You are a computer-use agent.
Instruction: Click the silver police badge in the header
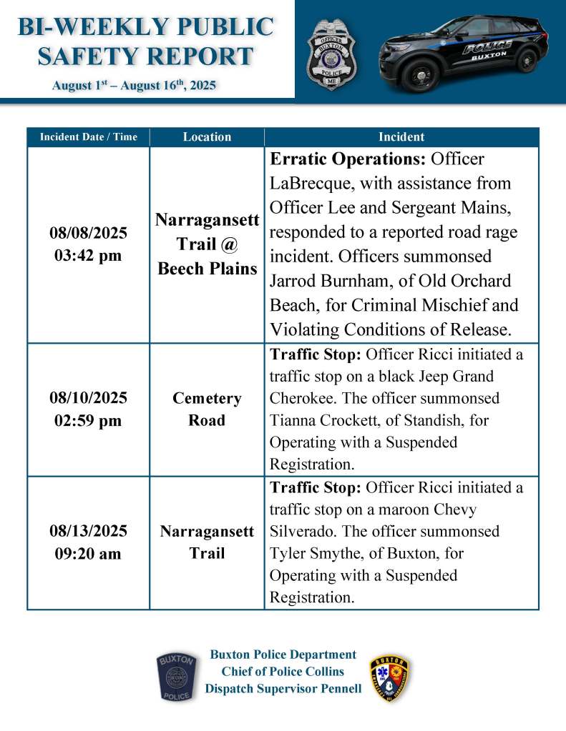(x=331, y=54)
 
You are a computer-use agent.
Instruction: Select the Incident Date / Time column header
(x=88, y=136)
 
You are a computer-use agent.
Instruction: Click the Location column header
(x=207, y=136)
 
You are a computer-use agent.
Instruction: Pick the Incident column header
(x=401, y=136)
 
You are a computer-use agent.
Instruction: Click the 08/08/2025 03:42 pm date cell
(x=88, y=245)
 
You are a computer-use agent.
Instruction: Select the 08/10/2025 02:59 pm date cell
(x=88, y=409)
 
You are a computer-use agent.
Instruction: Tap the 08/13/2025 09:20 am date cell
(x=88, y=542)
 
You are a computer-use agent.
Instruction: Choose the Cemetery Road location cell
(x=207, y=409)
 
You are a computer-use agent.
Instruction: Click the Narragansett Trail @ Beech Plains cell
(x=207, y=245)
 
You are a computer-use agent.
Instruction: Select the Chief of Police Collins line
(x=283, y=672)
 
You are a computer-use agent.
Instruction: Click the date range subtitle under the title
(x=134, y=86)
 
